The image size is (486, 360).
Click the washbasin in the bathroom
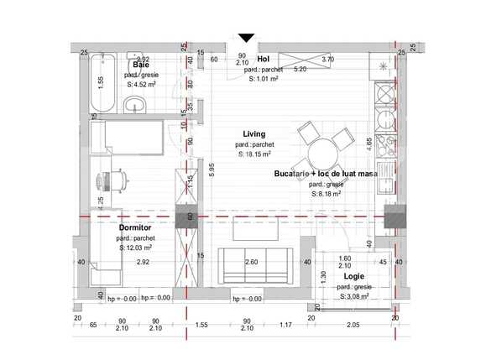(x=133, y=104)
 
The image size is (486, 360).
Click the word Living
(x=253, y=133)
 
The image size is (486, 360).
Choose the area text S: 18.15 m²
(x=253, y=154)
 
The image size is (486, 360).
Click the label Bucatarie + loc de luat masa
(x=324, y=173)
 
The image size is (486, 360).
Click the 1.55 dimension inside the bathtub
(x=100, y=81)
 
